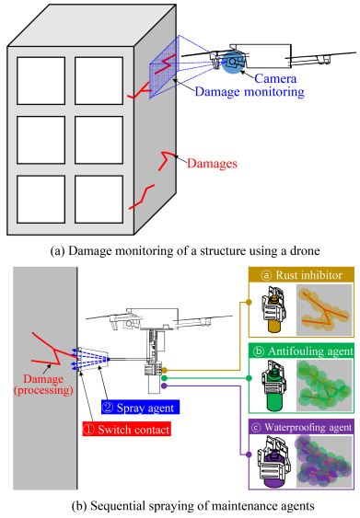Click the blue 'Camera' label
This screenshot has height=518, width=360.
coord(275,78)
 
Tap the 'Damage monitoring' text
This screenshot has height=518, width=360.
coord(250,91)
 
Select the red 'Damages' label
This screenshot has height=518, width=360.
coord(212,163)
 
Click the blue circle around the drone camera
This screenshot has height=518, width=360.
coord(233,63)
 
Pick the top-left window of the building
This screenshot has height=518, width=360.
coord(41,81)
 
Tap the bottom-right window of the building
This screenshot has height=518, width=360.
coord(99,200)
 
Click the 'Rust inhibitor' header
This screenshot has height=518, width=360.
coord(301,275)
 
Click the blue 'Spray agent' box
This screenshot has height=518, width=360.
coord(140,408)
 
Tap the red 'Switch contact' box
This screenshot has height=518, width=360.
coord(127,429)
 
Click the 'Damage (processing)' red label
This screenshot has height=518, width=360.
coord(43,385)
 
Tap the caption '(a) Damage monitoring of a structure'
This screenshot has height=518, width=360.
coord(185,251)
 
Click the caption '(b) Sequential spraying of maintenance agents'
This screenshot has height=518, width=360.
coord(192,505)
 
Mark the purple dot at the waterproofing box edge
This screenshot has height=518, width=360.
coord(249,455)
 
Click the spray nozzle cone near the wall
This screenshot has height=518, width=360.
coord(95,359)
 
